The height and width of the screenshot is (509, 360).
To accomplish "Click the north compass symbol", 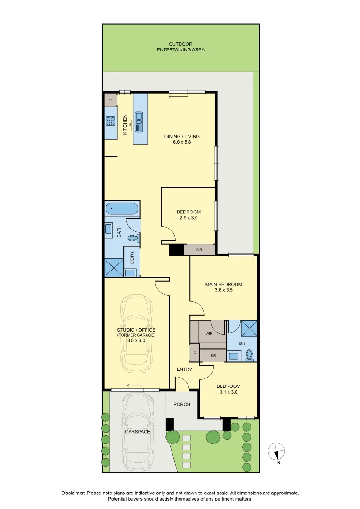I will point(276,451).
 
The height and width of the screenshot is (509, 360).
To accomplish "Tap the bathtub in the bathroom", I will point(122,208).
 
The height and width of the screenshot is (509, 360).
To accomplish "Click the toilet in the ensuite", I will point(249,356).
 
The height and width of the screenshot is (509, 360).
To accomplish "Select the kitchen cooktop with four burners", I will point(111,121).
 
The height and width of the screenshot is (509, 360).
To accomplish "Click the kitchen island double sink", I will point(140,122).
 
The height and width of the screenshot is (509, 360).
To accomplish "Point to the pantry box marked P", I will point(111,100).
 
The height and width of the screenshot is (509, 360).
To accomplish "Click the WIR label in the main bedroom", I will point(209,333).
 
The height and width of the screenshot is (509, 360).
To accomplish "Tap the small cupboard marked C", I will point(195,352).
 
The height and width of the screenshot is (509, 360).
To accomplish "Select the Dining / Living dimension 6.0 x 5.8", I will point(182,142).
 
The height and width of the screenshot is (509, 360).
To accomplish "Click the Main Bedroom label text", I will point(224,284).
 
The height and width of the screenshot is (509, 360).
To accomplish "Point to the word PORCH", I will point(182,404).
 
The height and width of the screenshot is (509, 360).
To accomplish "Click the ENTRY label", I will point(184,369).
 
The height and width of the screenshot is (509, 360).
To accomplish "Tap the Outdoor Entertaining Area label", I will point(180,47).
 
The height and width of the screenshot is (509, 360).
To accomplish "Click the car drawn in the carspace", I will point(138,432).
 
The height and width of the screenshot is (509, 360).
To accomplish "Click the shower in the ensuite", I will point(249,328).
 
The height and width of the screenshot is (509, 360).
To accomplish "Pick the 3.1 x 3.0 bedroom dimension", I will point(229,392).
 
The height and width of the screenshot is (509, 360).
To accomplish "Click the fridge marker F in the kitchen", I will point(111,148).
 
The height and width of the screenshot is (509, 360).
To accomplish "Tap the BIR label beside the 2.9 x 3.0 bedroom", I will point(199,250).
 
